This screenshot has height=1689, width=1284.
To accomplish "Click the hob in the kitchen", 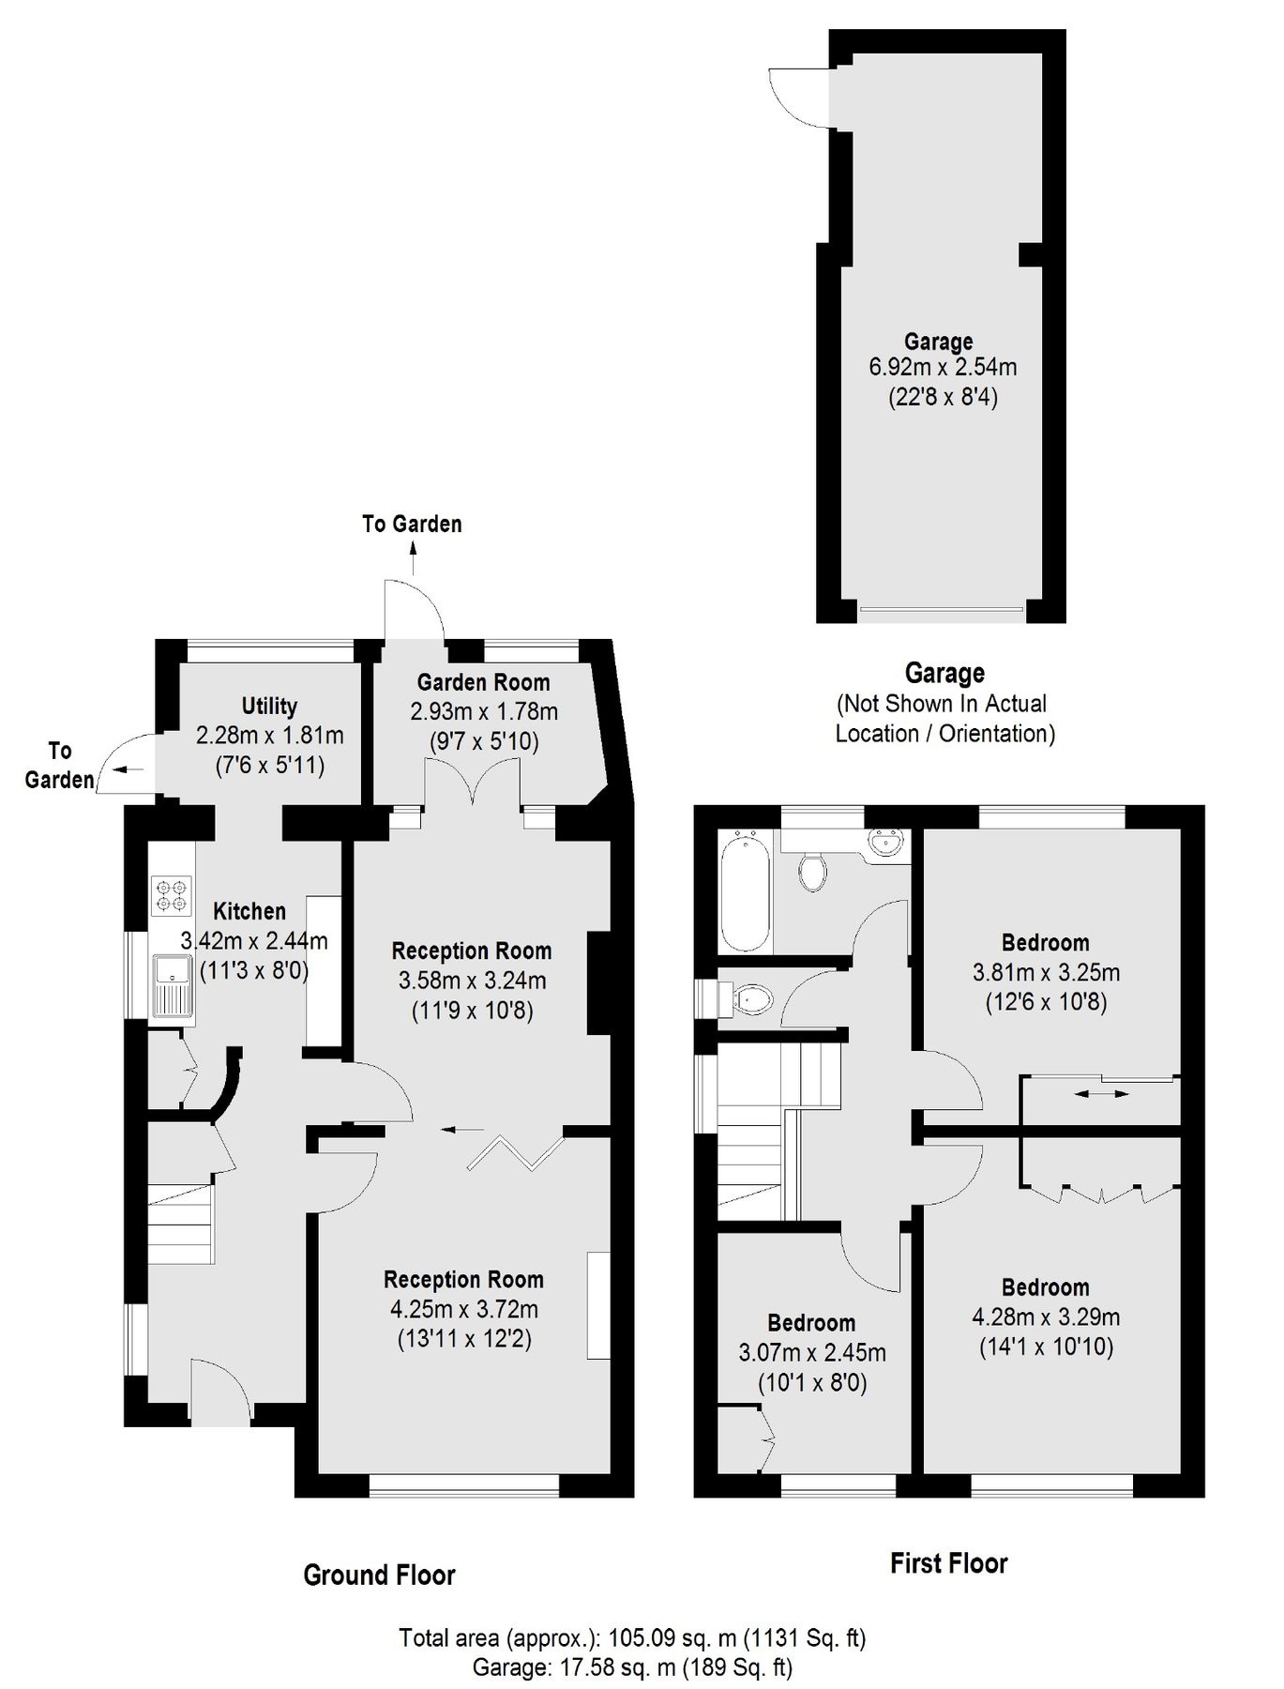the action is [x=172, y=895].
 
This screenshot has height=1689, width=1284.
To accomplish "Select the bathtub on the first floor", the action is [x=746, y=890].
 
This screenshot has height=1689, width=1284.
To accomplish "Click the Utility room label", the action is [x=269, y=707].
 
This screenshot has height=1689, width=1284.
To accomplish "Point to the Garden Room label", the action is [x=483, y=682].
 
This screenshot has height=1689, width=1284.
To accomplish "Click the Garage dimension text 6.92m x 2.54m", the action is [x=943, y=367].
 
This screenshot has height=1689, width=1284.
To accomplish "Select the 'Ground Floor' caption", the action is [x=379, y=1575].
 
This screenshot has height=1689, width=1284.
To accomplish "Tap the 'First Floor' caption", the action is [x=948, y=1563].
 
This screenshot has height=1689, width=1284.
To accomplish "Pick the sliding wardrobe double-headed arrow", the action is [x=1102, y=1093].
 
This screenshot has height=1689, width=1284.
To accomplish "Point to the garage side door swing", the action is [x=799, y=97].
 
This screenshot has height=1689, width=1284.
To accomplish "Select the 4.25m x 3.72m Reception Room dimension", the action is [x=464, y=1309].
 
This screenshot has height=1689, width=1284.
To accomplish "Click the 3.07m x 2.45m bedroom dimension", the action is [x=812, y=1353].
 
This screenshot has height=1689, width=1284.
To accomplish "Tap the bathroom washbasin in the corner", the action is [x=885, y=844].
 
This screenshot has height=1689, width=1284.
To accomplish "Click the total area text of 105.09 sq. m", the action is [x=632, y=1638].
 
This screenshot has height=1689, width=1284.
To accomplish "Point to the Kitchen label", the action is [x=249, y=911].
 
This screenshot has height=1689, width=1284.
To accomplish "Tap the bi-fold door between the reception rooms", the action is [x=516, y=1153].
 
